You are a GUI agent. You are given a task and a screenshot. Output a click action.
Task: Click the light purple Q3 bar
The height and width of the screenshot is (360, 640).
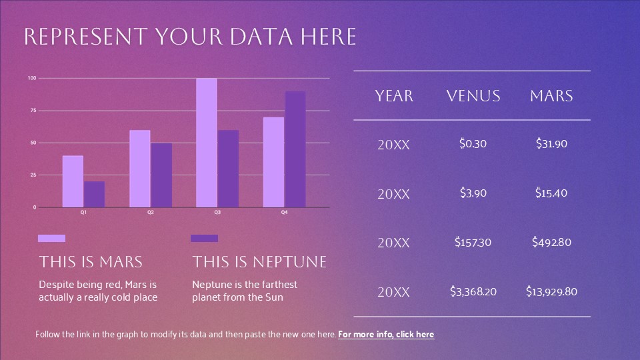(x=207, y=143)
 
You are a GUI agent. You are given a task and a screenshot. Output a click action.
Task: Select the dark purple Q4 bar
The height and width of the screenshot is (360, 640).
(x=295, y=149)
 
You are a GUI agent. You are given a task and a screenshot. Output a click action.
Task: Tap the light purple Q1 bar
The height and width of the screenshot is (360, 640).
(x=73, y=181)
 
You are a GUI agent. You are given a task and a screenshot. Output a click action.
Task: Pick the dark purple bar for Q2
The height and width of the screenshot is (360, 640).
(x=161, y=175)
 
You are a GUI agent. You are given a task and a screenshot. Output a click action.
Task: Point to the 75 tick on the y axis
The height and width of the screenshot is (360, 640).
(x=33, y=110)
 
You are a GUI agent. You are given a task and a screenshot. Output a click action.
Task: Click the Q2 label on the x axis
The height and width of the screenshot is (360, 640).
(x=151, y=212)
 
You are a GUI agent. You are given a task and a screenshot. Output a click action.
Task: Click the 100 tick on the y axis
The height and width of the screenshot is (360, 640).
(x=32, y=78)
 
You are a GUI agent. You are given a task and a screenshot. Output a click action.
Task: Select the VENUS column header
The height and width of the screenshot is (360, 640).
(x=473, y=96)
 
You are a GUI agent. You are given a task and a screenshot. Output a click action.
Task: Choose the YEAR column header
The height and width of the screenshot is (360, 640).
(x=394, y=96)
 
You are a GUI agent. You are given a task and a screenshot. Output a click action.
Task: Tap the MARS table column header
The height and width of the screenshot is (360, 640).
(x=551, y=96)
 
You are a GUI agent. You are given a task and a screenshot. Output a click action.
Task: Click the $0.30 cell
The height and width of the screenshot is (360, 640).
(x=473, y=144)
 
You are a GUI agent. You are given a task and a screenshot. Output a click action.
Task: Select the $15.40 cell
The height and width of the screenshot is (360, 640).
(x=551, y=193)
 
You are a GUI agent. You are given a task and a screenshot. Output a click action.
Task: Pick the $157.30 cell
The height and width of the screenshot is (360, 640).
(x=473, y=242)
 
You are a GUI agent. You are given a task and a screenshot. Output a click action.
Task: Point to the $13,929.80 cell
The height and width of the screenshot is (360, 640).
(x=551, y=291)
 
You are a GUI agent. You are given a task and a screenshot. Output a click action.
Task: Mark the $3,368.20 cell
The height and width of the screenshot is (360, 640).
(x=473, y=291)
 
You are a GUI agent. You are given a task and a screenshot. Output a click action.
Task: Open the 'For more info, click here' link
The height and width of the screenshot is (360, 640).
(x=386, y=334)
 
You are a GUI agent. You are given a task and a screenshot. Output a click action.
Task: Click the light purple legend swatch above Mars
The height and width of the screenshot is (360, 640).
(x=51, y=239)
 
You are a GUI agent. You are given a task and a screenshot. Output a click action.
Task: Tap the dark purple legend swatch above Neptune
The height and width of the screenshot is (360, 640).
(x=204, y=239)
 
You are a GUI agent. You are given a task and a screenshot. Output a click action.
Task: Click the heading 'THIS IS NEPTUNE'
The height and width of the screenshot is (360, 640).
(x=259, y=261)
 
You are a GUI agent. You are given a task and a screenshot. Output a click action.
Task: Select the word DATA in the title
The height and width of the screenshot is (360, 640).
(x=261, y=37)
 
